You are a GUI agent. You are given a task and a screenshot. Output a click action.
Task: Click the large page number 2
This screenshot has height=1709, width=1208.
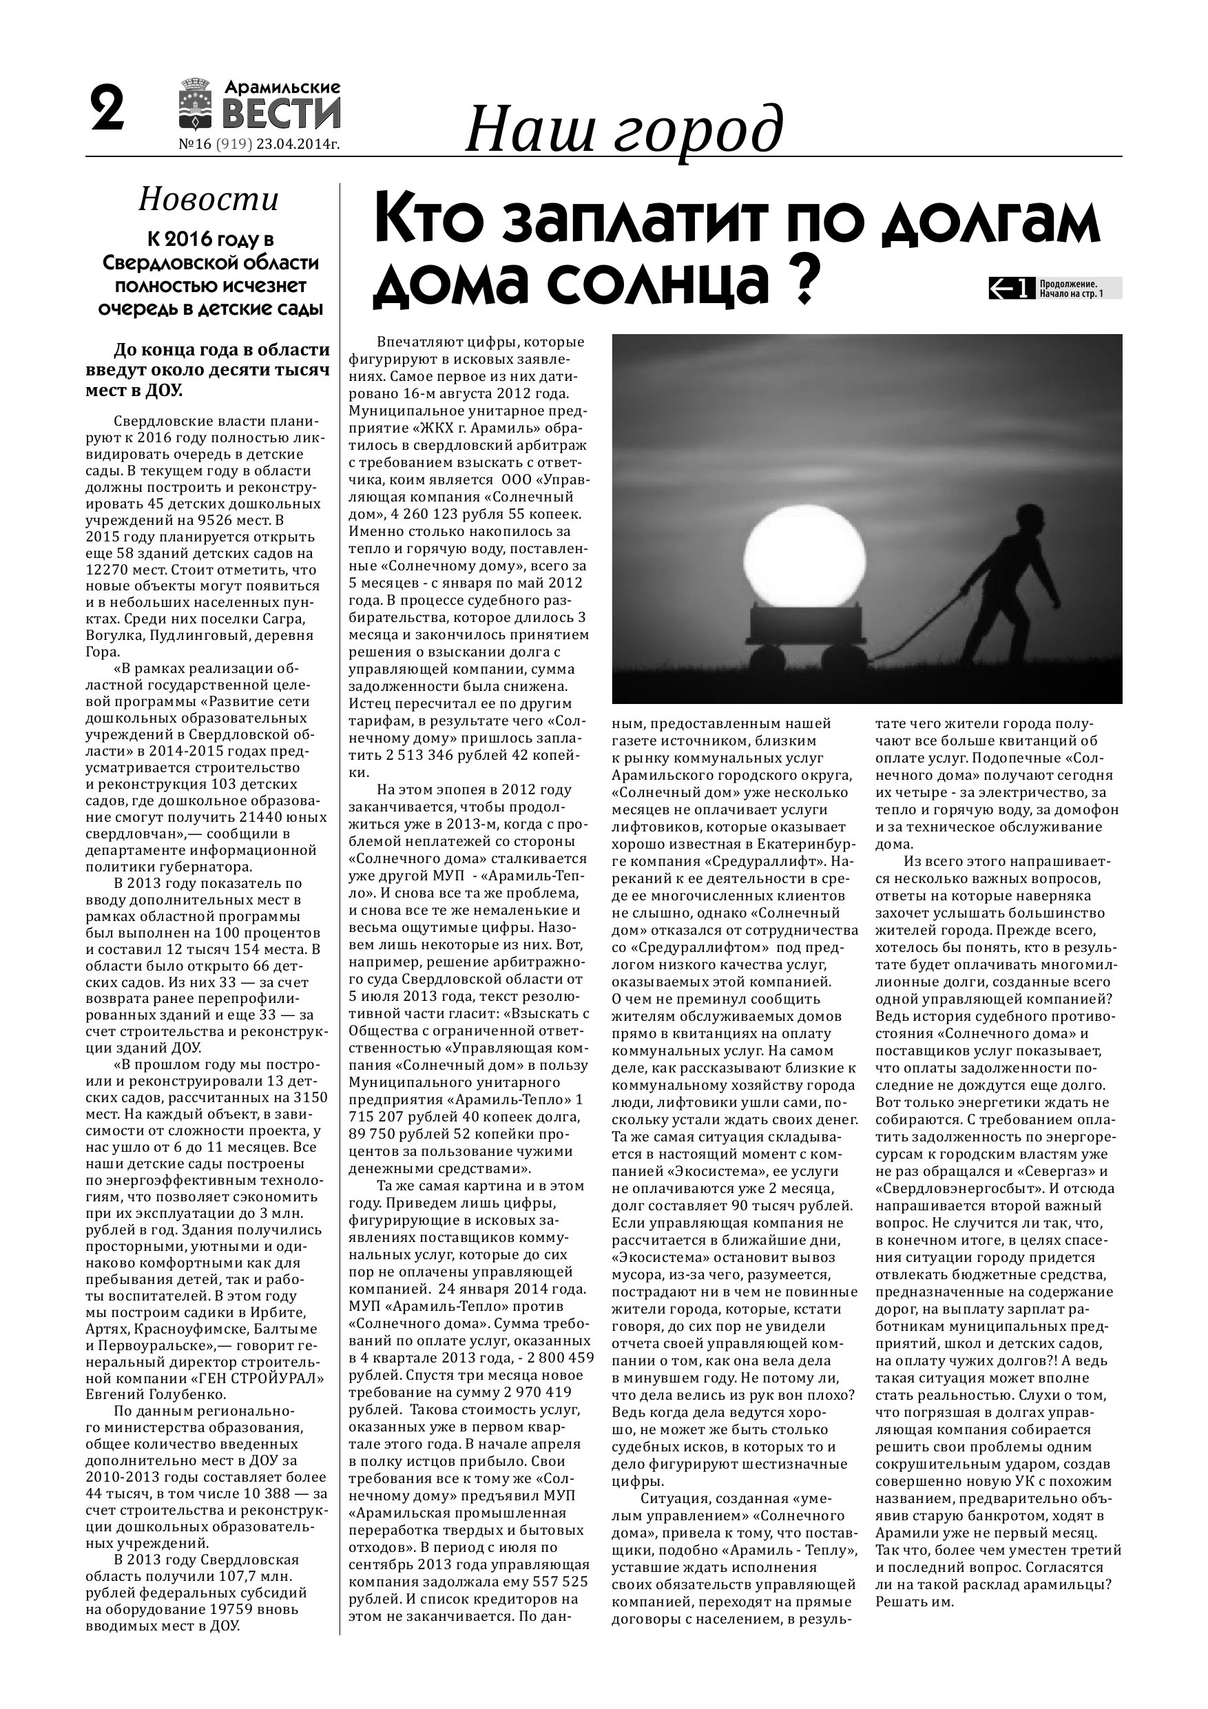pos(107,110)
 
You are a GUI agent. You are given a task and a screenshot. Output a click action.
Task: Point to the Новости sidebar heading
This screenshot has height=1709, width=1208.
pos(209,200)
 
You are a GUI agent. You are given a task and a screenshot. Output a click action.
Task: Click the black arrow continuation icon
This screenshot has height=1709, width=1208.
pos(1012,288)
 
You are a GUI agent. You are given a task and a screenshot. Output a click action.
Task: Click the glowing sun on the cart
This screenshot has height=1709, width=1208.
pos(804,551)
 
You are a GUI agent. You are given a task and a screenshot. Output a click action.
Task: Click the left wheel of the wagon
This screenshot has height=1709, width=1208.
pos(767,659)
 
